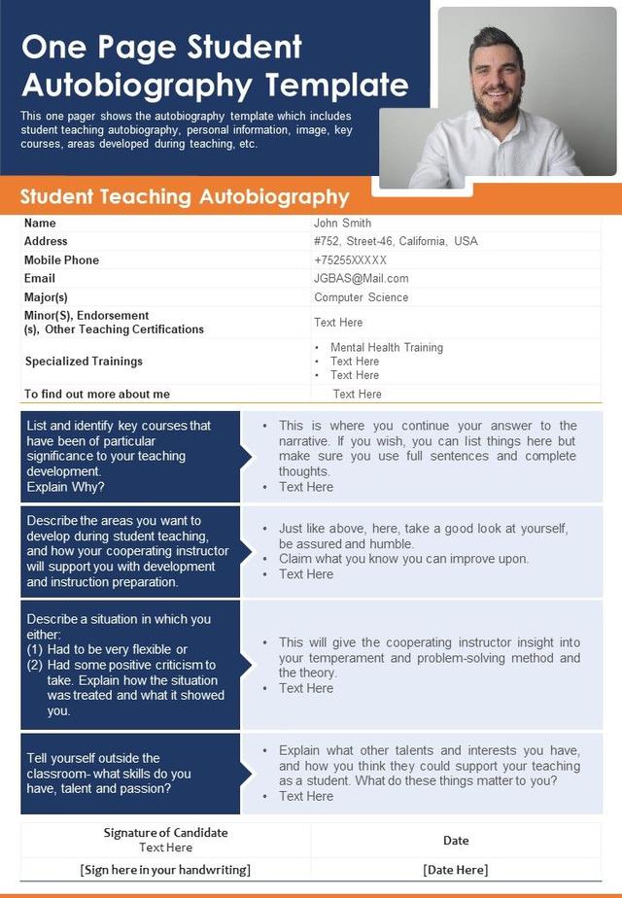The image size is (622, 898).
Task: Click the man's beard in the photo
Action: pos(497,105)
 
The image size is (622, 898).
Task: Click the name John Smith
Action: pos(342,224)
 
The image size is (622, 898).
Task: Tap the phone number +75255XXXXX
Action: pos(350,260)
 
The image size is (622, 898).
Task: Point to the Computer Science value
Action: pos(361,297)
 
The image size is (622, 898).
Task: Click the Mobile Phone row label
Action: pos(61,260)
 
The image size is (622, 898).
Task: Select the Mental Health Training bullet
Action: pos(386,348)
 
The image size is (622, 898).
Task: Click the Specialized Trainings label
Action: pos(84,362)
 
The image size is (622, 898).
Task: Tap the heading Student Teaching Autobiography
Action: pos(185,197)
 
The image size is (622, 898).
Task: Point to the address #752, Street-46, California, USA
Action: pos(396,241)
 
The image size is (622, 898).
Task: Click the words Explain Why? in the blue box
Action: pos(66,487)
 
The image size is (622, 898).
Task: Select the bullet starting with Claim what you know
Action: pos(403,559)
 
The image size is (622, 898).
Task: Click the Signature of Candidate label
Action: pos(165,833)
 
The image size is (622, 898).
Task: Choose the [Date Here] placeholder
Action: pos(455,870)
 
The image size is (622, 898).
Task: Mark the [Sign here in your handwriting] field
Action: pos(165,870)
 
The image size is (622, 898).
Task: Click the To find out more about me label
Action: pos(97,395)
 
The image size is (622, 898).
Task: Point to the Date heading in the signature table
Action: pos(456,841)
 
